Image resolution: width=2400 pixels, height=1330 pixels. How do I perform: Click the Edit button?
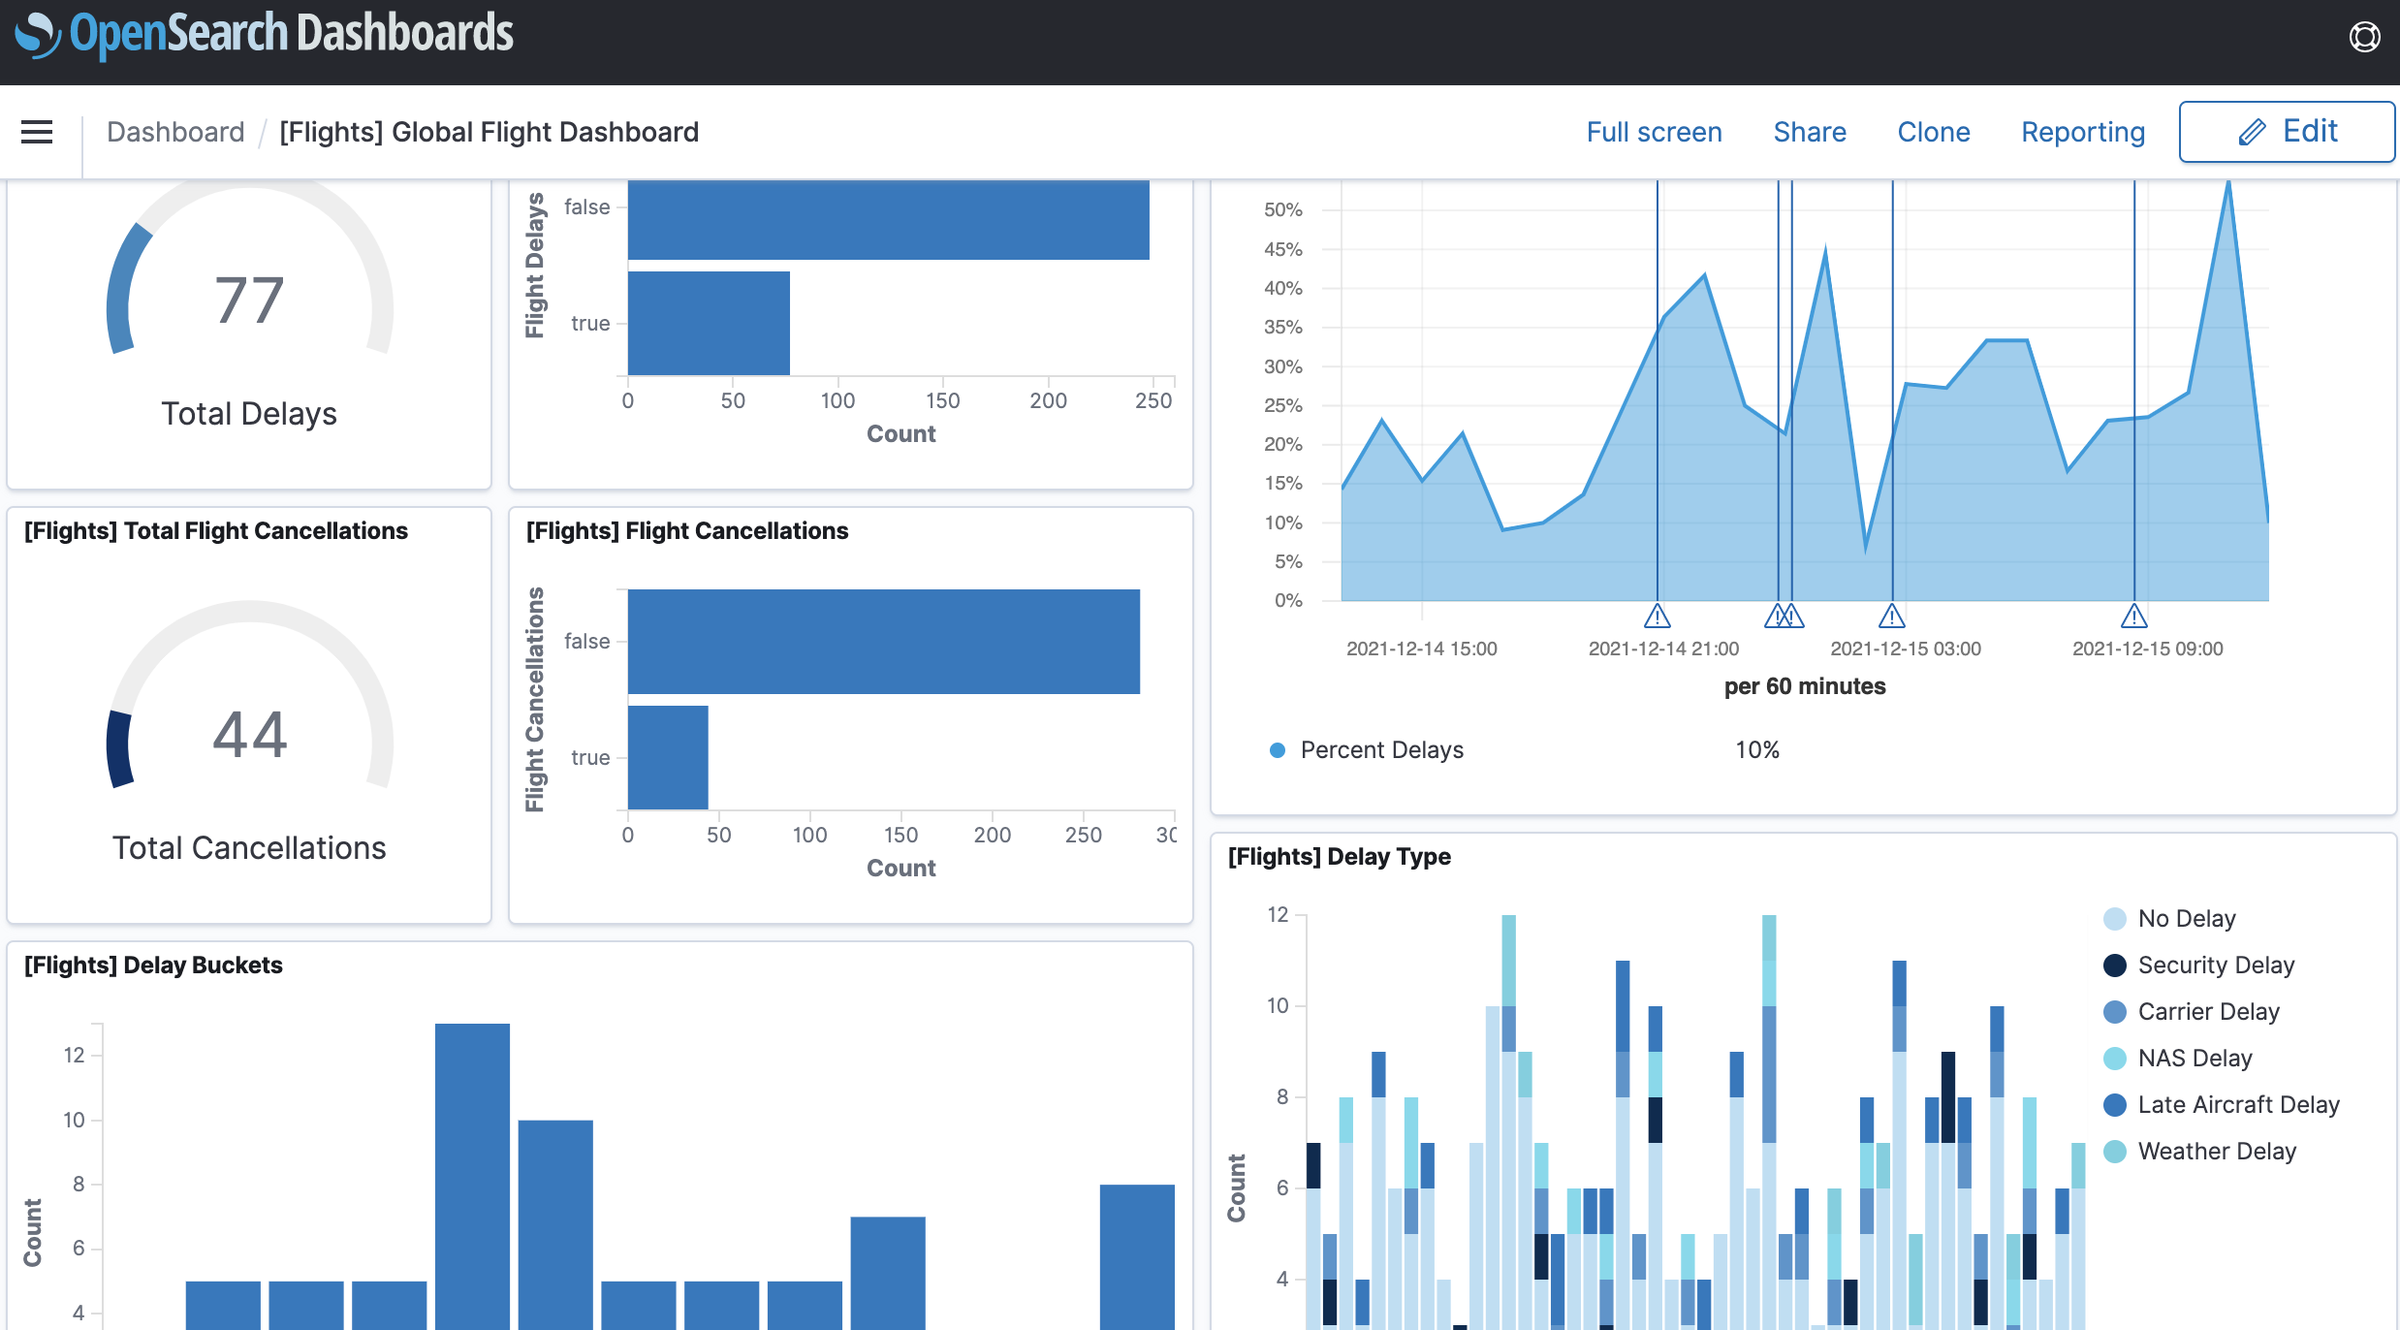click(x=2286, y=132)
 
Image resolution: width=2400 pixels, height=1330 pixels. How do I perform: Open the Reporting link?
click(x=2082, y=132)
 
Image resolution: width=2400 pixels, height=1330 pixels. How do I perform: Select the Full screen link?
click(x=1654, y=132)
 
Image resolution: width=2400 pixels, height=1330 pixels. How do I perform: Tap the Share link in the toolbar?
click(x=1809, y=132)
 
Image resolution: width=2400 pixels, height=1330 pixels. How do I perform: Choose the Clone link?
click(x=1933, y=132)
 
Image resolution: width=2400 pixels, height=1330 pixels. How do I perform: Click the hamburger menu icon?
click(x=37, y=132)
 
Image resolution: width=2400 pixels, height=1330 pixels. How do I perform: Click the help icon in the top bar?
click(x=2364, y=37)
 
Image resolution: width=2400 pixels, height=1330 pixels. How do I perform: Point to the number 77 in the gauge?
click(x=249, y=300)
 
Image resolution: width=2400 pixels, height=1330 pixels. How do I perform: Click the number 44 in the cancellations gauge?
click(x=249, y=734)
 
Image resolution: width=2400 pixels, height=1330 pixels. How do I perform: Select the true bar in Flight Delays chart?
click(x=708, y=323)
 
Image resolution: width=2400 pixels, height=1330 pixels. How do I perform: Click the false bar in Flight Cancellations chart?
click(x=882, y=641)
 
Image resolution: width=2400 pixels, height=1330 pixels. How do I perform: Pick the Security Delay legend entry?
click(x=2215, y=965)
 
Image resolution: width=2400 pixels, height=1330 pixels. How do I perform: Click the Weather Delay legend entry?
click(x=2216, y=1151)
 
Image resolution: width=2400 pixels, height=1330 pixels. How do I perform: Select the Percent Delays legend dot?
click(x=1278, y=749)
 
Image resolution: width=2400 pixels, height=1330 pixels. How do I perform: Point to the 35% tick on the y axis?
click(x=1282, y=327)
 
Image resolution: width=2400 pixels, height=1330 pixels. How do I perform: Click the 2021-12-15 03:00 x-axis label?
click(x=1905, y=649)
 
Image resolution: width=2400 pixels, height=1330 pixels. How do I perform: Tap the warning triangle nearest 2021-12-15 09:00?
click(x=2133, y=616)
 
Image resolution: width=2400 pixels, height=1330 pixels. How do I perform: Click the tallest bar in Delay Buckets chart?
click(x=472, y=1173)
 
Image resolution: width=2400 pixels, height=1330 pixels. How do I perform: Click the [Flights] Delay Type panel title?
click(x=1339, y=856)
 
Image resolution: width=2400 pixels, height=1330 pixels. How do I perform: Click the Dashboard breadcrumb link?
click(x=175, y=132)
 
